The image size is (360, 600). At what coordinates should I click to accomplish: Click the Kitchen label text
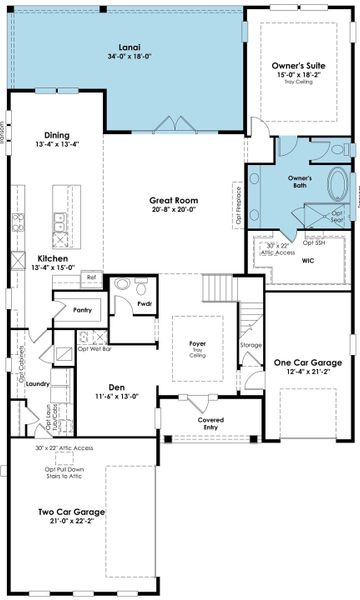53,257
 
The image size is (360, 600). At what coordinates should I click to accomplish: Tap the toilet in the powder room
122,285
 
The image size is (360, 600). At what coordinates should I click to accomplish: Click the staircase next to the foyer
218,291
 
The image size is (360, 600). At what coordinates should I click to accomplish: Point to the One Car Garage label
307,363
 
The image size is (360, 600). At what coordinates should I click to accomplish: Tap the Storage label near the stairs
251,346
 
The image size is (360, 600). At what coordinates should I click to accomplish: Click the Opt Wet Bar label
93,349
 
